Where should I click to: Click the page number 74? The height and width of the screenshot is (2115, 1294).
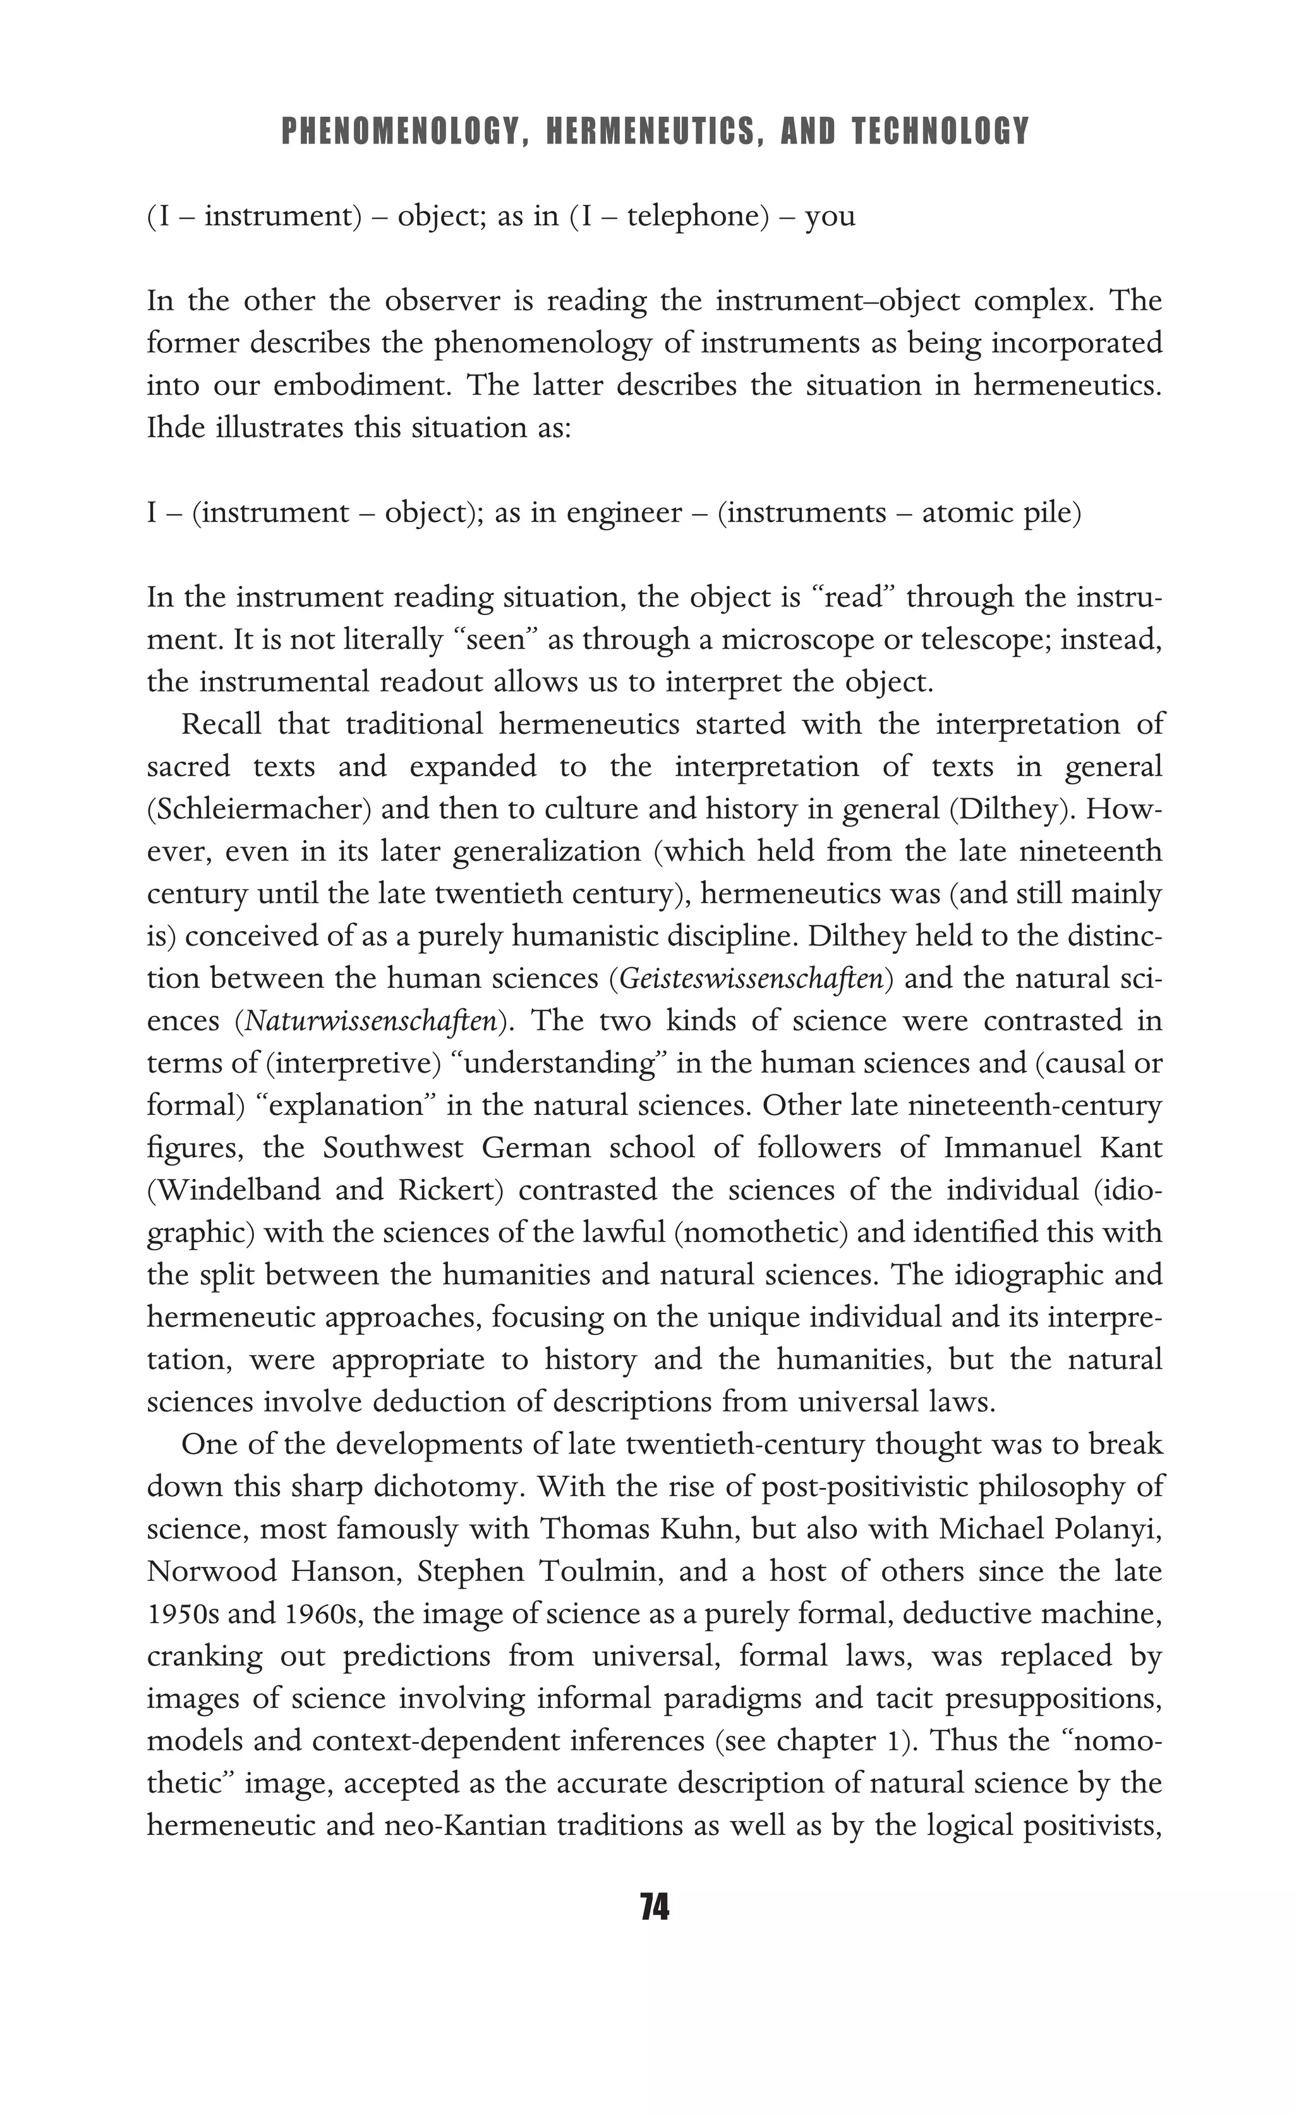[654, 1906]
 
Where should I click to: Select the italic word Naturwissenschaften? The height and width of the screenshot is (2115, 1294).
[372, 1021]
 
